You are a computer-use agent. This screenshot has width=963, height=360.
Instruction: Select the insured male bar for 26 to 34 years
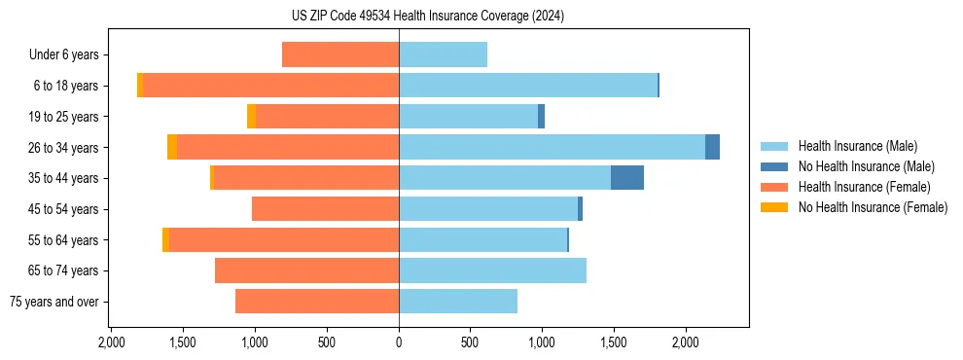click(552, 147)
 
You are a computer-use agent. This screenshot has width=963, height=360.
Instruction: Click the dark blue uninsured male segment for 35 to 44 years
click(627, 178)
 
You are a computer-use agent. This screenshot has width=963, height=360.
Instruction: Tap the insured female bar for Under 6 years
click(340, 54)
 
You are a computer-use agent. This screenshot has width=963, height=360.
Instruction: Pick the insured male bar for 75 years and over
click(458, 302)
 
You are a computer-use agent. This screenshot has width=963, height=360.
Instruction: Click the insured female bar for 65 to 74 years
click(306, 270)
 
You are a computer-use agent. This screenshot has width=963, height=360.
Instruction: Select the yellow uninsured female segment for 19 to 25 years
click(251, 117)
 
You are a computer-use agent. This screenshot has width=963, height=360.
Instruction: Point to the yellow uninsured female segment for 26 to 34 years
click(172, 147)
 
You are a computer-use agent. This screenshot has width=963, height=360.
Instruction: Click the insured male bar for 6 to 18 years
click(528, 86)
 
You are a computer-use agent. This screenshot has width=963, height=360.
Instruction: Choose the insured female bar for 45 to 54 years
click(325, 209)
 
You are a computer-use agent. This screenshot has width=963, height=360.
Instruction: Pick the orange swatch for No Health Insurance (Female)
click(774, 207)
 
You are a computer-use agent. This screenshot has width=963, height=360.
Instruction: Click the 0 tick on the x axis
click(399, 342)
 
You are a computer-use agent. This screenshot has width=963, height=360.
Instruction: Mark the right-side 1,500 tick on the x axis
click(614, 342)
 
